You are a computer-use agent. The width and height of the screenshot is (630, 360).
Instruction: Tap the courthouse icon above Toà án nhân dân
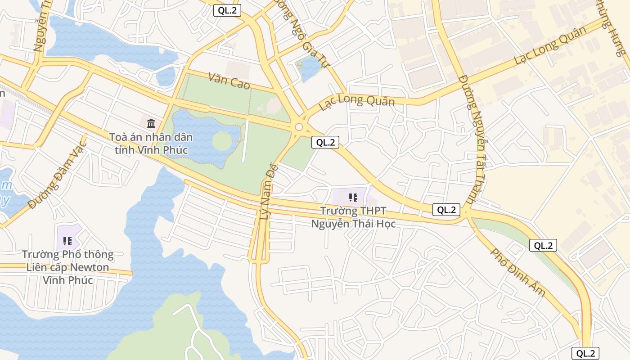pos(151,123)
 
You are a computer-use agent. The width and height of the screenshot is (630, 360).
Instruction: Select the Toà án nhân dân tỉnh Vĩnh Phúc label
pos(151,143)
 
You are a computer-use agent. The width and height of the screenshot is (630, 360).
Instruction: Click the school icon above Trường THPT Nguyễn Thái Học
pos(353,197)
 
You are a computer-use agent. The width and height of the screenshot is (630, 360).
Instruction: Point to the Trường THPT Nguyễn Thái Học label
pos(353,217)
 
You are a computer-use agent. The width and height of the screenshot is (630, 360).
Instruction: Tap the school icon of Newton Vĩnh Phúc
pos(67,241)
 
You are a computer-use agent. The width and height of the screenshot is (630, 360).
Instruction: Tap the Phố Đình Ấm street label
pos(517,273)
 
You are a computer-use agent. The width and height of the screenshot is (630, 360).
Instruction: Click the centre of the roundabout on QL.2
pos(299,128)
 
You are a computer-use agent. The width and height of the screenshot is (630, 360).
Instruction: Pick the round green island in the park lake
pos(222,141)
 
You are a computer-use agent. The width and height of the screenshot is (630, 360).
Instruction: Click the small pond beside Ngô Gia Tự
pos(310,69)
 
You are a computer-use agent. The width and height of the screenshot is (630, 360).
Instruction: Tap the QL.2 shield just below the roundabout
pos(325,142)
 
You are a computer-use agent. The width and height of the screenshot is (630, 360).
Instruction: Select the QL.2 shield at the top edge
pos(227,10)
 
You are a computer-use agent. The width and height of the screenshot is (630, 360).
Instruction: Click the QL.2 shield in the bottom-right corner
pos(585,353)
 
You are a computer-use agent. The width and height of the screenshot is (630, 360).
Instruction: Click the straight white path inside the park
pos(245,141)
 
